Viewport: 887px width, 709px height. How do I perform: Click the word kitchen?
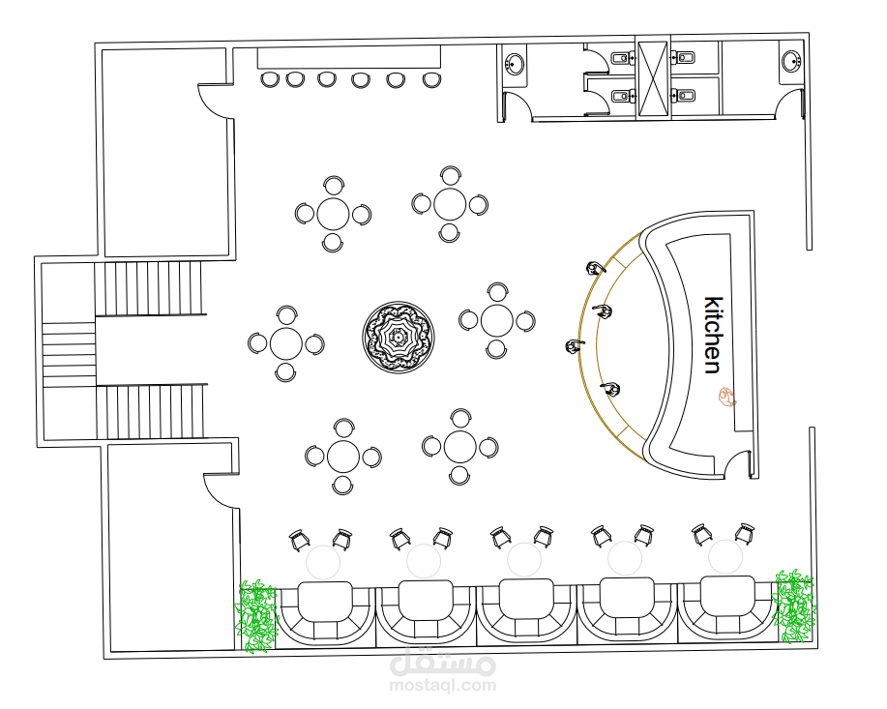(713, 335)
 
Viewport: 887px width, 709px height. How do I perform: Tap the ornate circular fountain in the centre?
(399, 338)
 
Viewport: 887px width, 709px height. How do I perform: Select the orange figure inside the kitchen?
(726, 397)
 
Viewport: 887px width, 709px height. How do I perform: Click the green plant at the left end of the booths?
(257, 615)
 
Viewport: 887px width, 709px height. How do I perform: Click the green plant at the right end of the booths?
(795, 606)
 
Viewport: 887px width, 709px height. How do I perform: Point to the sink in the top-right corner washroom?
(791, 61)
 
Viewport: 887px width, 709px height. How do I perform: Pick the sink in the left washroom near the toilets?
(515, 64)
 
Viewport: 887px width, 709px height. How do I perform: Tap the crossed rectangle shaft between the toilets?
(653, 77)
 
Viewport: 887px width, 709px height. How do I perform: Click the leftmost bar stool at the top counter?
(270, 79)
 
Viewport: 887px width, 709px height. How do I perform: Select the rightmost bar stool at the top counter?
(431, 79)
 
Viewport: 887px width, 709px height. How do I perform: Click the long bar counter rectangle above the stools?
(349, 58)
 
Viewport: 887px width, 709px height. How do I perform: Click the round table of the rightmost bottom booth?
(725, 557)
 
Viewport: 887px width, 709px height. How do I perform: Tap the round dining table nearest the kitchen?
(496, 320)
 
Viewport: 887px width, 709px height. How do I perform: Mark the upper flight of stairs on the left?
(150, 288)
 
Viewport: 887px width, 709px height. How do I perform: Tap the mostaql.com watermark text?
(443, 686)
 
